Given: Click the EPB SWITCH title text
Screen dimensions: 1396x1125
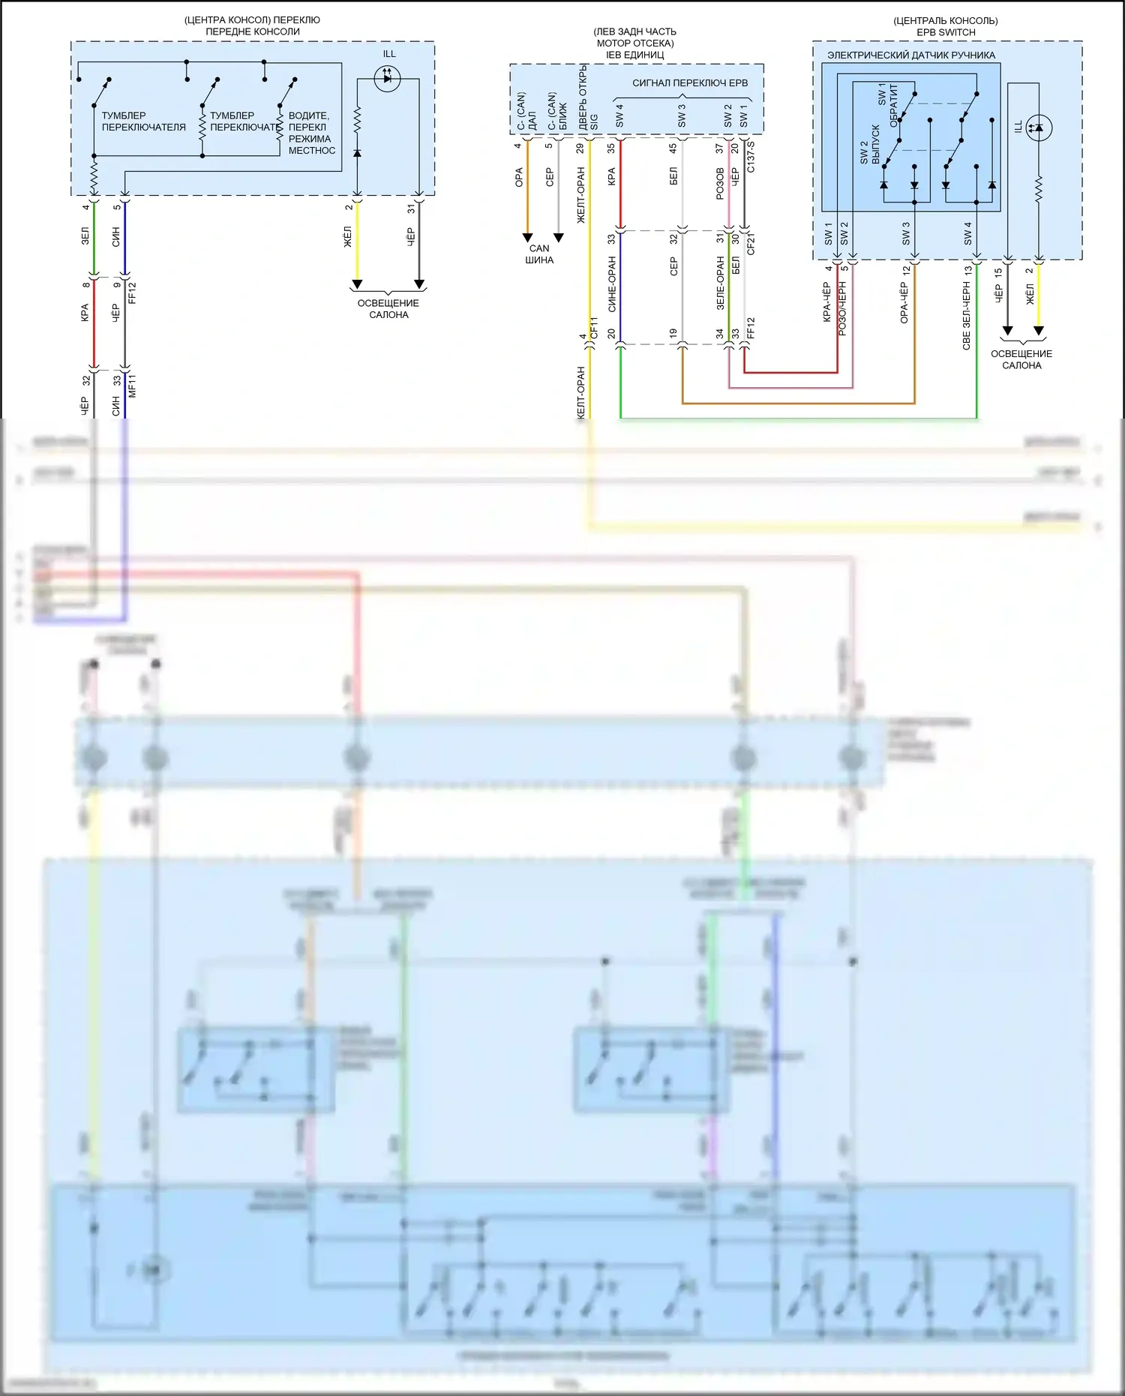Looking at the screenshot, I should [x=946, y=32].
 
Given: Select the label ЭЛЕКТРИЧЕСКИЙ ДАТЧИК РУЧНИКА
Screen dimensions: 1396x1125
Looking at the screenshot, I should [x=910, y=55].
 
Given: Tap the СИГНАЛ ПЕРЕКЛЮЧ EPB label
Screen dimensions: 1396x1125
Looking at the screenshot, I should [x=690, y=83].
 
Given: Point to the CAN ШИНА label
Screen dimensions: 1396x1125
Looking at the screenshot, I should [x=539, y=254].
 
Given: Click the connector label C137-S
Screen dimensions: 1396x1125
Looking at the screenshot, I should [x=751, y=156].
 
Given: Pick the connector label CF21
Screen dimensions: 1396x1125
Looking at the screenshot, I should [x=751, y=245].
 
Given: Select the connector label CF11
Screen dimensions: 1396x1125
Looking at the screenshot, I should [x=594, y=329].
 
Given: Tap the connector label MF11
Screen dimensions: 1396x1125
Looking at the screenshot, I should [x=132, y=386].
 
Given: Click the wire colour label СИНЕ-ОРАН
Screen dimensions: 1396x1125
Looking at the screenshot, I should [x=612, y=284].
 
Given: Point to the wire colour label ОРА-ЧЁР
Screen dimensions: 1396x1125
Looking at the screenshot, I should [x=904, y=302].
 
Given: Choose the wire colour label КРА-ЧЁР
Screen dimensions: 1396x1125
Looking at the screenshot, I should [x=826, y=302].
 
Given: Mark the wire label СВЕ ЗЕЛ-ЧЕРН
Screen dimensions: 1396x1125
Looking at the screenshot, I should [x=967, y=315].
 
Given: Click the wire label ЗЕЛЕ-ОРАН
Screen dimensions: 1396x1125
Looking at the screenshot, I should [x=720, y=283].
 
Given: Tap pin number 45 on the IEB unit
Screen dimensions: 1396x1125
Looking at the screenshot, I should [x=673, y=149].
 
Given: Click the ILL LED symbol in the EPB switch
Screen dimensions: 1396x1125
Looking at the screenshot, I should [x=1039, y=128].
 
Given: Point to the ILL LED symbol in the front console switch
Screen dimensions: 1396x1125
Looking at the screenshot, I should [x=387, y=78].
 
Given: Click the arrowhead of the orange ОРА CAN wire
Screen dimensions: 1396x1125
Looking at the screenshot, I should [x=527, y=238].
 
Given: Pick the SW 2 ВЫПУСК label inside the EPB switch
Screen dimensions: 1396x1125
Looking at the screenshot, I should [x=870, y=144].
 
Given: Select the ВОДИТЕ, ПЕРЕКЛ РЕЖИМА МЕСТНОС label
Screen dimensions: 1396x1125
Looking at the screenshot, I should [x=311, y=133].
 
